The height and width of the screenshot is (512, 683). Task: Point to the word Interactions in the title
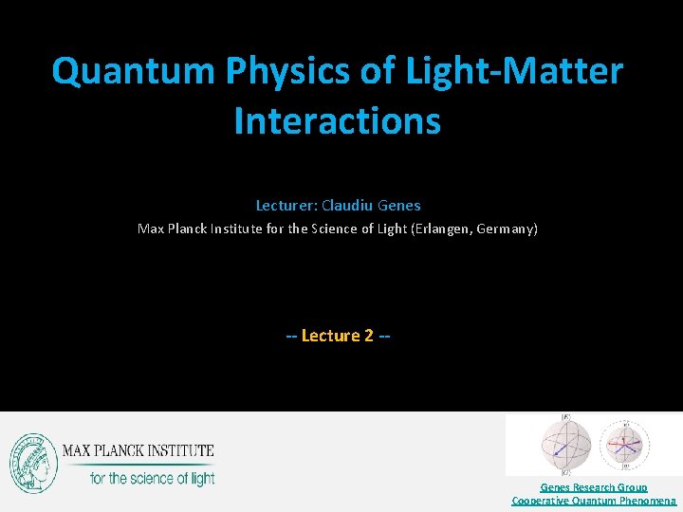[337, 121]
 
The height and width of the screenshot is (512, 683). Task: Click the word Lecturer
[286, 205]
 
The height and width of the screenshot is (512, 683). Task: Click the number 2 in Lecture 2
[368, 336]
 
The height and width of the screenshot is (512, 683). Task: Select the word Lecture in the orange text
[330, 336]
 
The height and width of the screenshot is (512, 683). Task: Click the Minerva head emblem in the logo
[33, 464]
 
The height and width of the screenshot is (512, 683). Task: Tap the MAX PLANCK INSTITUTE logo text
[138, 450]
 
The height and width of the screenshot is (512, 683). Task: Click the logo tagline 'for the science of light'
[152, 478]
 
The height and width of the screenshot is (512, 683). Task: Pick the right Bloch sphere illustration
[625, 443]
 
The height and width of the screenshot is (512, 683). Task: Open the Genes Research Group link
[594, 487]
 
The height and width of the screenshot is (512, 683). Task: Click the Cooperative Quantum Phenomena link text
[594, 500]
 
